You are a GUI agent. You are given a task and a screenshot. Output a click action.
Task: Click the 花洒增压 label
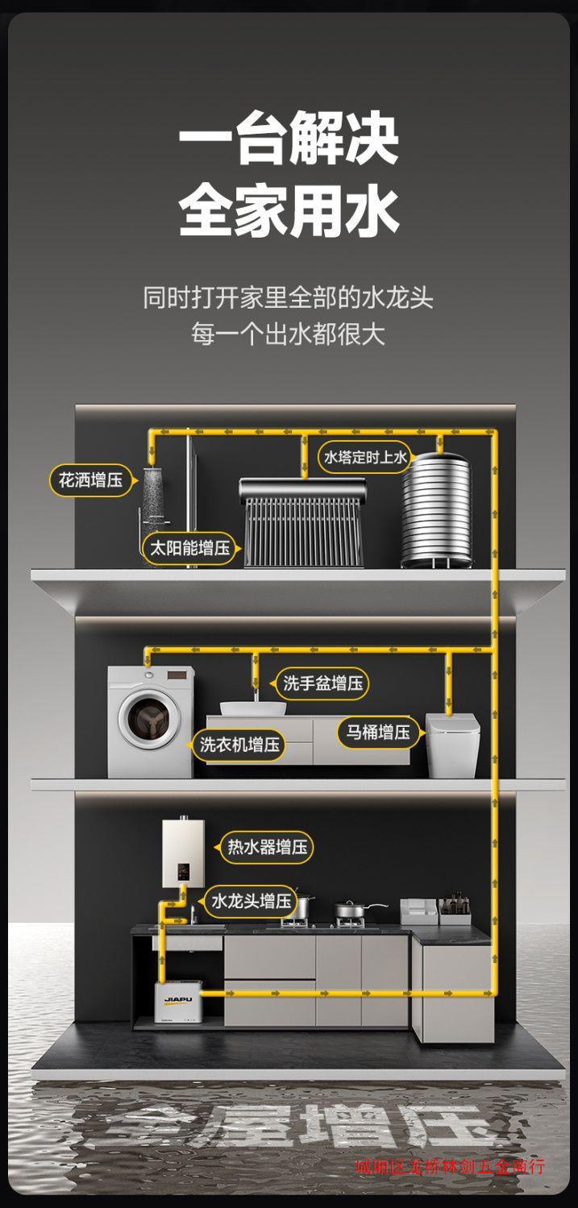tap(90, 480)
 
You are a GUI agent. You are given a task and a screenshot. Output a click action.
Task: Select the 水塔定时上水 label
tap(365, 458)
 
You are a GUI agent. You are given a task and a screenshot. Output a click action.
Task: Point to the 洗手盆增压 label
tap(322, 683)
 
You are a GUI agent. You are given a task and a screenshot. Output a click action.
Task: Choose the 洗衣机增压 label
tap(239, 744)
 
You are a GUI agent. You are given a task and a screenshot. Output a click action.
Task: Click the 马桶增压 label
tap(377, 732)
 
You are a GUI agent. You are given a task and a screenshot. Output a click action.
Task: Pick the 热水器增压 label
tap(267, 847)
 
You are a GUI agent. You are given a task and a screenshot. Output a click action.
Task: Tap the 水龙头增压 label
tap(251, 901)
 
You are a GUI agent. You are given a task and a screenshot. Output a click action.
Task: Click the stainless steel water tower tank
tap(437, 508)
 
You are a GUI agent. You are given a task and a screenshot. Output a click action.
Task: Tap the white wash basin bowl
tap(253, 708)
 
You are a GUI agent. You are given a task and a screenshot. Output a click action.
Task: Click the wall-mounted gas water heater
tap(183, 852)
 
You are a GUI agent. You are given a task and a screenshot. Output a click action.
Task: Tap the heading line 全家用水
tap(289, 211)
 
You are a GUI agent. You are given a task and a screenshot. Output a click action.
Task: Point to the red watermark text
tap(450, 1166)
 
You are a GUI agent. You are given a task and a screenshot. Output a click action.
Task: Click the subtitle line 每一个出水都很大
tap(289, 333)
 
